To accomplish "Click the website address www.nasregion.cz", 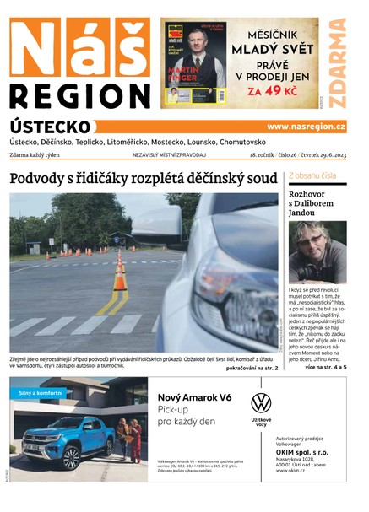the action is [306, 127].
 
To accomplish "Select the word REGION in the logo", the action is [81, 94].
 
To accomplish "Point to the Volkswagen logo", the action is [261, 403].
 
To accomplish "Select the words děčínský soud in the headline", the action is [226, 179].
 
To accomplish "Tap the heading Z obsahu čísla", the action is [312, 175].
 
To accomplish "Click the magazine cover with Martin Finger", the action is [195, 64].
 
